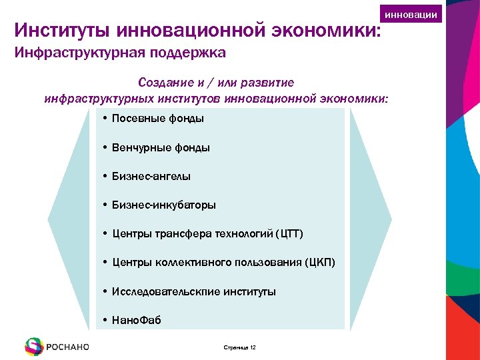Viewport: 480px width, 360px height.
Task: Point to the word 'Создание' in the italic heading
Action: pos(163,83)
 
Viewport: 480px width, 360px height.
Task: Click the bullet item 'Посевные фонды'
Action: pos(158,119)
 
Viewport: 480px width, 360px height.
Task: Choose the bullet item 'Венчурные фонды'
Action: pos(161,148)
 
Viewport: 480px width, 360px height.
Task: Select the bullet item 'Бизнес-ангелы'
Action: pos(151,177)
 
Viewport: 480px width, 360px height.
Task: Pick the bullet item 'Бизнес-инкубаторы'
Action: pos(164,205)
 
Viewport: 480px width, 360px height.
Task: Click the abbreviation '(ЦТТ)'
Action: pos(290,234)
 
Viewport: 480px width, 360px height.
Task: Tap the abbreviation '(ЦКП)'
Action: pos(320,263)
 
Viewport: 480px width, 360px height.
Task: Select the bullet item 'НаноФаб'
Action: pos(137,321)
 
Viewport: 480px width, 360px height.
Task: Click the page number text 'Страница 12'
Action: pos(238,347)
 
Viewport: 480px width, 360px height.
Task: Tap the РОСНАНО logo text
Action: pos(68,347)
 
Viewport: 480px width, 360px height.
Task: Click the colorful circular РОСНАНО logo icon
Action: pos(33,346)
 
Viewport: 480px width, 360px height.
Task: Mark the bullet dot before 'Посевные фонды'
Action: pos(106,119)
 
